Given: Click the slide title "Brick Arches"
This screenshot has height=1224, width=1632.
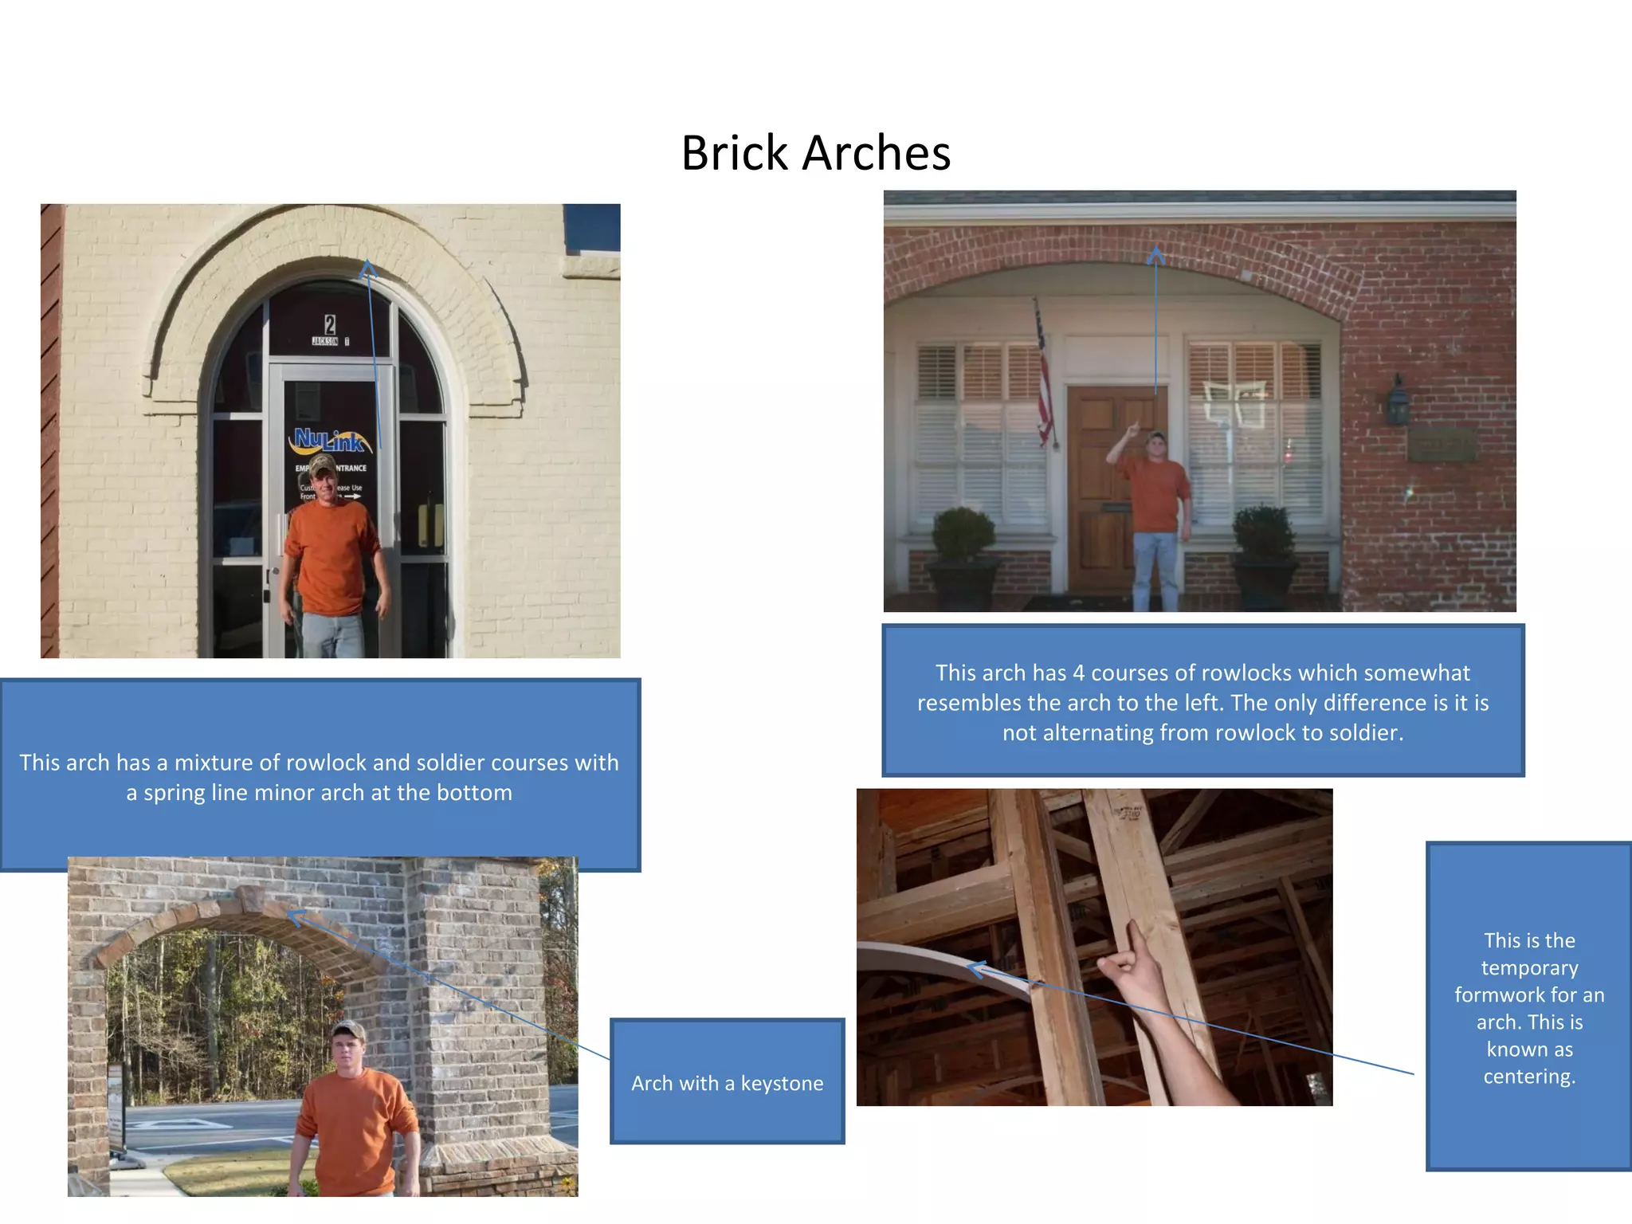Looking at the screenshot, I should tap(815, 152).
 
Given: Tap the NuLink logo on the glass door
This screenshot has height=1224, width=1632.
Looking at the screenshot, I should tap(330, 440).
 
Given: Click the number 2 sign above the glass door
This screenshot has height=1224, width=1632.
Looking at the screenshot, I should tap(330, 324).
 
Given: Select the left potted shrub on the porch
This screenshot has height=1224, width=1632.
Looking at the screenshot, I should tap(963, 535).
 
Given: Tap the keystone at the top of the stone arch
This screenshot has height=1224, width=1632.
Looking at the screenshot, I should tap(250, 899).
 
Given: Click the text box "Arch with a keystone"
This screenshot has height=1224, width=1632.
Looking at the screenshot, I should tap(727, 1082).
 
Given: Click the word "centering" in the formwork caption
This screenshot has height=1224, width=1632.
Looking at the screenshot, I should tap(1528, 1077).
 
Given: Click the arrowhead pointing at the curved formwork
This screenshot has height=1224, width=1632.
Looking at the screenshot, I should tap(976, 969).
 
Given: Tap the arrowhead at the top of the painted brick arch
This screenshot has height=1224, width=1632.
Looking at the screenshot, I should tap(367, 268).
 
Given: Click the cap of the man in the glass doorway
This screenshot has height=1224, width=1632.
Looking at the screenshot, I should tap(322, 464).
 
